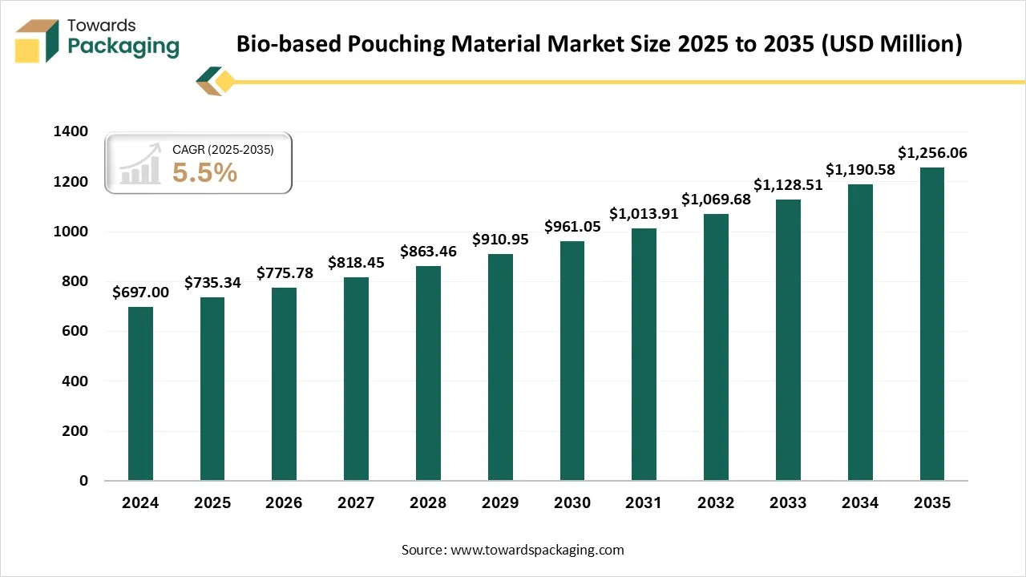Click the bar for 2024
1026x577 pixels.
click(x=140, y=393)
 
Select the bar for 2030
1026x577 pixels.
click(x=572, y=361)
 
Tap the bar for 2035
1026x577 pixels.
click(x=931, y=324)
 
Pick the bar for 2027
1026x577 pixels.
click(x=356, y=379)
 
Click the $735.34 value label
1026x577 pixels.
click(x=212, y=283)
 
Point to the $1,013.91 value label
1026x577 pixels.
click(x=644, y=214)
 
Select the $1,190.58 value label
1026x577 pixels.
click(x=860, y=170)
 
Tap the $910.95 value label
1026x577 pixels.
click(x=500, y=239)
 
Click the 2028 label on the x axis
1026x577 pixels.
click(x=428, y=503)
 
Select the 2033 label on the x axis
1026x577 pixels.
click(x=788, y=503)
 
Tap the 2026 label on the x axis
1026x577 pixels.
click(x=284, y=503)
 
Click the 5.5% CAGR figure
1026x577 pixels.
click(x=205, y=172)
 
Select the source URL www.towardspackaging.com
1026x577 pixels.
click(x=538, y=550)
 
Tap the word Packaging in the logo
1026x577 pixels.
click(x=123, y=46)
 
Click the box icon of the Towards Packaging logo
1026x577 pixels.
click(x=37, y=41)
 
